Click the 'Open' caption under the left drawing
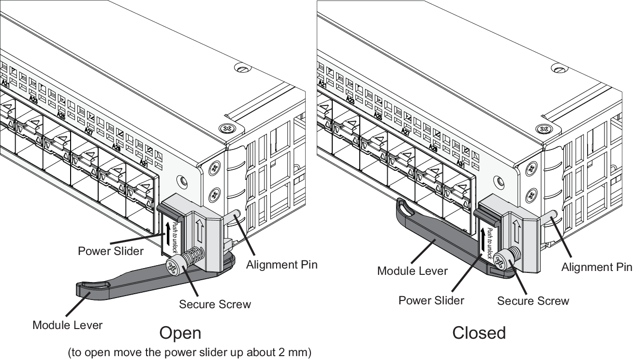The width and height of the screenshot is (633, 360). click(180, 333)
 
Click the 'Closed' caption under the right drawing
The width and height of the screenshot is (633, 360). click(479, 333)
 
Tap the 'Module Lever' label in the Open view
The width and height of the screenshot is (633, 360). click(67, 325)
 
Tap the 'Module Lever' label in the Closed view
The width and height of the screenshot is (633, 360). click(412, 270)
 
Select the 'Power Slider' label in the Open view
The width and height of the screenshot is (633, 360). click(111, 251)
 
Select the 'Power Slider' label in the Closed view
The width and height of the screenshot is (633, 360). click(431, 300)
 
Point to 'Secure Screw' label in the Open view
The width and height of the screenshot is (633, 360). click(215, 304)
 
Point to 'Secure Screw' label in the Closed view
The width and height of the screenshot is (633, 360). click(533, 301)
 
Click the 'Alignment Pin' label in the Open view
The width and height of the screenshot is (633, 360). click(281, 265)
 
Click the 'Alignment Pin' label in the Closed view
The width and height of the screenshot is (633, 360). click(596, 267)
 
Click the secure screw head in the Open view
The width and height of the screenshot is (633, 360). click(173, 266)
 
